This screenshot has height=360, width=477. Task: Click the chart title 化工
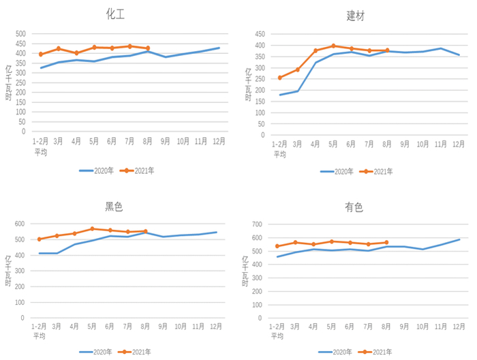click(x=114, y=13)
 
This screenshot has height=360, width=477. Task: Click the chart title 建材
click(x=355, y=16)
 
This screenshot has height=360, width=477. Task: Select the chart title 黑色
click(x=114, y=207)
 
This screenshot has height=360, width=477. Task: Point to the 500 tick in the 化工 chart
click(x=20, y=34)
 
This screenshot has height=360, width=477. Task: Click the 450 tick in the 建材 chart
click(x=260, y=33)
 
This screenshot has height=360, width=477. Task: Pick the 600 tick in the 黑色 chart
click(x=20, y=224)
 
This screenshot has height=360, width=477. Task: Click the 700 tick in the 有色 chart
click(x=258, y=224)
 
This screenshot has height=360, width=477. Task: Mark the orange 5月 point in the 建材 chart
click(x=333, y=46)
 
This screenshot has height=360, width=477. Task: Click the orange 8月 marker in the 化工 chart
click(x=148, y=48)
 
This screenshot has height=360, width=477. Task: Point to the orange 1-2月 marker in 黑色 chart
click(x=40, y=239)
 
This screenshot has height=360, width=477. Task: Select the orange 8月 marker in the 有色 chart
click(x=386, y=242)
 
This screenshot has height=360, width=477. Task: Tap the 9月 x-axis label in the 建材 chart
click(x=405, y=144)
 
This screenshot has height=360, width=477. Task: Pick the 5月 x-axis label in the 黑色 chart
click(x=93, y=327)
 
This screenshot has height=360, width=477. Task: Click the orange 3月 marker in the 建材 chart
click(x=297, y=70)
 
